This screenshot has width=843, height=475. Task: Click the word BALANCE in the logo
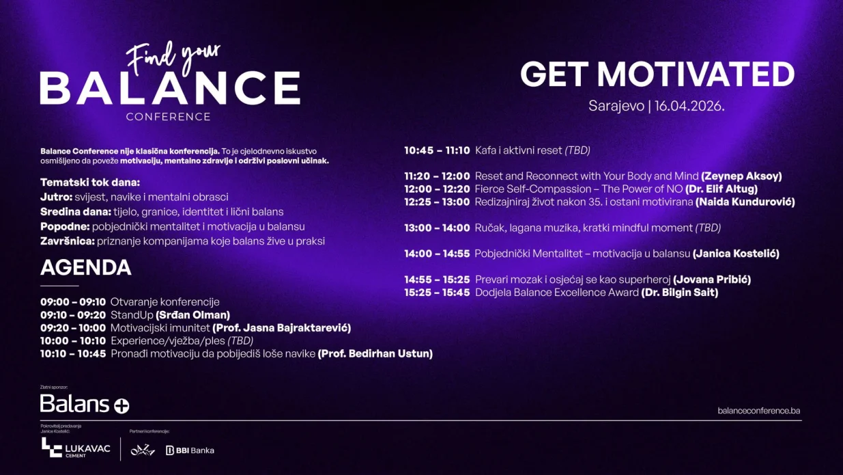[x=170, y=87]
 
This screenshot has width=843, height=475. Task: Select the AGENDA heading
[x=85, y=267]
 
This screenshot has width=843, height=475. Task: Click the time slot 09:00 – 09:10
[x=73, y=302]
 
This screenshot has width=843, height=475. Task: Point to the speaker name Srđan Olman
[x=192, y=315]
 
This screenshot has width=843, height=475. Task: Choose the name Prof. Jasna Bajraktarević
[x=281, y=328]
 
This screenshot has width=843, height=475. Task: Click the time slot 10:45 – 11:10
[x=437, y=150]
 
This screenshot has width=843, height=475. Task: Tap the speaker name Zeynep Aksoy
[x=741, y=176]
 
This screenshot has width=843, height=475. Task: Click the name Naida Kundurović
[x=745, y=202]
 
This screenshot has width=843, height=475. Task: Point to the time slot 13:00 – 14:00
[x=437, y=228]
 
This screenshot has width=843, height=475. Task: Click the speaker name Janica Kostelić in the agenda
[x=736, y=254]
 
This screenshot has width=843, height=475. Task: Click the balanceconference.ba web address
[x=758, y=411]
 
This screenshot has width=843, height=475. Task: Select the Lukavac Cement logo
[x=75, y=448]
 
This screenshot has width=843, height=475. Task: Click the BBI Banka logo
[x=190, y=450]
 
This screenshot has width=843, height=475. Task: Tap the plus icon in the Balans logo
[x=121, y=405]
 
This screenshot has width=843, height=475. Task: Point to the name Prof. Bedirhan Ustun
[x=375, y=354]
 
